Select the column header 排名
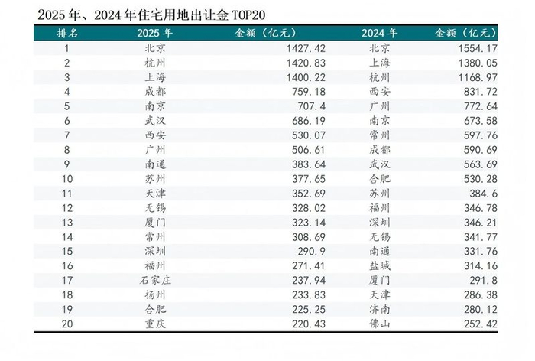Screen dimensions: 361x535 67,34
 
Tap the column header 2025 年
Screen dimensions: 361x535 154,34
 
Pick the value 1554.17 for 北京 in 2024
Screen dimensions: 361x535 498,48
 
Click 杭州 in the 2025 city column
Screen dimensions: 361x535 154,63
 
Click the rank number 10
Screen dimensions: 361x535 67,179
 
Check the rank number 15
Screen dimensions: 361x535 67,251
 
